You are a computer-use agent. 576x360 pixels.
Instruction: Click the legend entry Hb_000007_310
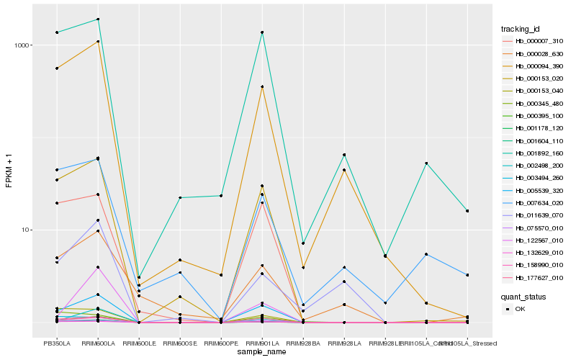(x=534, y=41)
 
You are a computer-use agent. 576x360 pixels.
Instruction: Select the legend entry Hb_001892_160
(x=534, y=153)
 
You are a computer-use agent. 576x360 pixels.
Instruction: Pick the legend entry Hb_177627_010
(x=534, y=277)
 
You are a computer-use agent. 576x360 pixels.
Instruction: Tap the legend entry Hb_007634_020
(x=534, y=203)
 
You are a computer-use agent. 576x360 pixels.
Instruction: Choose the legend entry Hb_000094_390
(x=534, y=66)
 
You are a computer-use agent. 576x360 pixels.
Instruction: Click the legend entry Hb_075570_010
(x=534, y=228)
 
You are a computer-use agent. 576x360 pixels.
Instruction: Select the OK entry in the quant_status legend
(x=520, y=309)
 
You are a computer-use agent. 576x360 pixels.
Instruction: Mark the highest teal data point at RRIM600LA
(x=98, y=19)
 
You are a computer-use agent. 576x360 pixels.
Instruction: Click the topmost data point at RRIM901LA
(x=262, y=32)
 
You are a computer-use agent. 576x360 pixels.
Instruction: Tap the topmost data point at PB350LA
(x=57, y=32)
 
